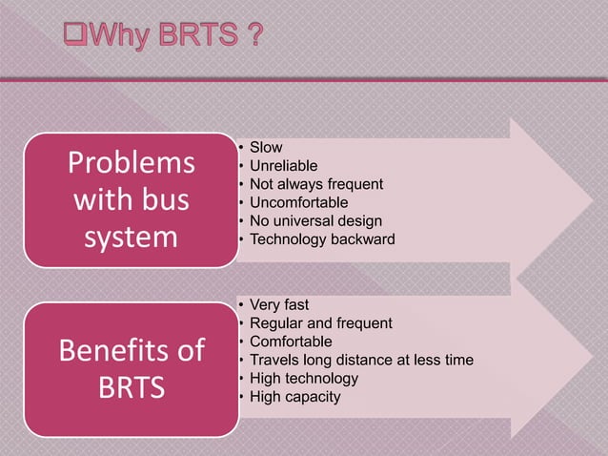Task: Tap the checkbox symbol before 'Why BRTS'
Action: (75, 39)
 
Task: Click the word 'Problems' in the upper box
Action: (131, 164)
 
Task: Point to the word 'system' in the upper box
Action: (131, 237)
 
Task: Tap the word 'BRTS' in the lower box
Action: (131, 389)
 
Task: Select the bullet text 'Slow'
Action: (266, 148)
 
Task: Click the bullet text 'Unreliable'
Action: (283, 166)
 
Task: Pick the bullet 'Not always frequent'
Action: (315, 184)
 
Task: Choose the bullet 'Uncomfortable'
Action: (298, 202)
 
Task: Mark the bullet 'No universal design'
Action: (315, 220)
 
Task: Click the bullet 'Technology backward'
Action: (321, 238)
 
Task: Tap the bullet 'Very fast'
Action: (279, 305)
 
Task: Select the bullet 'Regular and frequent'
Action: (320, 323)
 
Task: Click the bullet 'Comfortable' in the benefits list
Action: (291, 342)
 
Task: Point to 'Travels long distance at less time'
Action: (361, 360)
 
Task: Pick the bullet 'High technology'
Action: (304, 378)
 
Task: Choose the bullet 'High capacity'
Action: (294, 396)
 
